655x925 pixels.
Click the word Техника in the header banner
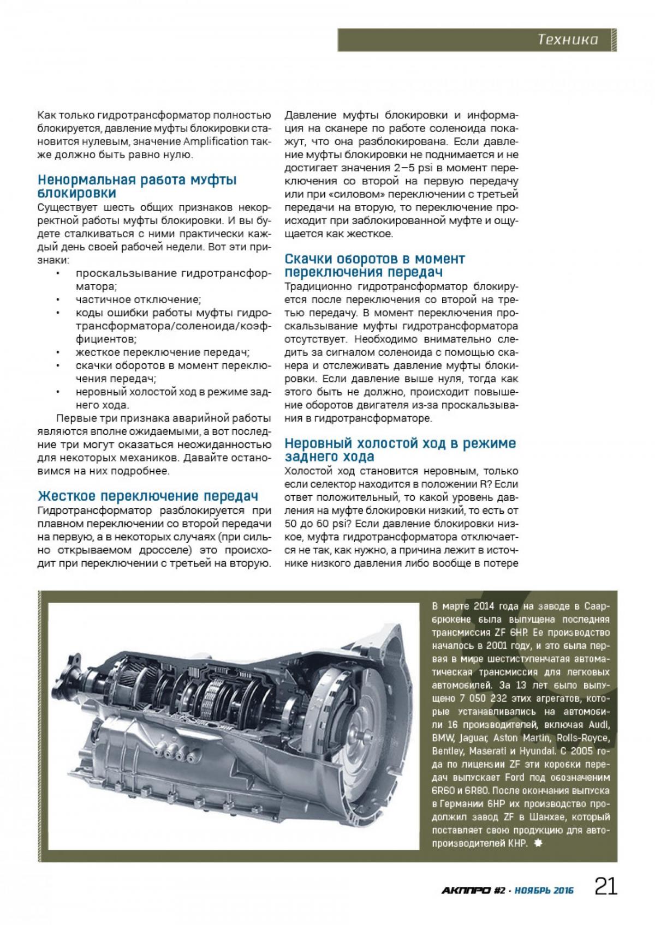point(568,40)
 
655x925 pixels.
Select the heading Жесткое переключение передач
point(147,496)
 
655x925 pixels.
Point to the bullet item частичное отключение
point(139,299)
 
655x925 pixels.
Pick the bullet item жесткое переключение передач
point(163,352)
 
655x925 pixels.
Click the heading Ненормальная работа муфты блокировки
point(136,187)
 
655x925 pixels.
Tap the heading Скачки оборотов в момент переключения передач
point(375,265)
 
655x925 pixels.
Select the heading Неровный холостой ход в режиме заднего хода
point(400,450)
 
